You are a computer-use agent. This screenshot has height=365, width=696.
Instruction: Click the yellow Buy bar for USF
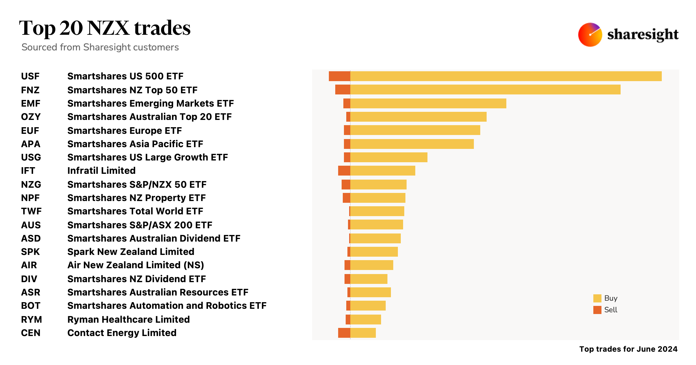(x=506, y=76)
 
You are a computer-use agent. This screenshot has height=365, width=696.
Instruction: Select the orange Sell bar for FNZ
(x=342, y=90)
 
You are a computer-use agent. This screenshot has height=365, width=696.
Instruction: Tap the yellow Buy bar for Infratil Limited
(x=383, y=171)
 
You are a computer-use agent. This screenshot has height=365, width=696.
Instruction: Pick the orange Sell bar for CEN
(x=344, y=333)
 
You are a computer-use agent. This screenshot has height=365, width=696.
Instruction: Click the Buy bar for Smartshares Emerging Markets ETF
(x=428, y=103)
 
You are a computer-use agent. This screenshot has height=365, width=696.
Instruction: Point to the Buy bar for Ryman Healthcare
(x=365, y=320)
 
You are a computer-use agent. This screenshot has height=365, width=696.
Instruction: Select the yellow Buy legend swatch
(x=597, y=298)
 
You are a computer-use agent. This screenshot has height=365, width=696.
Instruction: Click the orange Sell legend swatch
(x=597, y=310)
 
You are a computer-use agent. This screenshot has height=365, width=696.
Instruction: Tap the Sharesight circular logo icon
(x=590, y=35)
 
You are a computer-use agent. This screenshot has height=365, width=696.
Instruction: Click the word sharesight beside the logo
(x=643, y=35)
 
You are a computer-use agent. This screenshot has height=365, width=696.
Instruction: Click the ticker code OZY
(x=31, y=117)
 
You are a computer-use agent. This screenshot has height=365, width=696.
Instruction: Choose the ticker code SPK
(x=30, y=252)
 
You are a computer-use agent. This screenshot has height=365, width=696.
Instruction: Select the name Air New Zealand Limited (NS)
(x=135, y=265)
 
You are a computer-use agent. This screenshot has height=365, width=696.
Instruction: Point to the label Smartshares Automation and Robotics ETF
(x=167, y=306)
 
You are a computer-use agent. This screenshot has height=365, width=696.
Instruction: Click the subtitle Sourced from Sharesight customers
(x=100, y=47)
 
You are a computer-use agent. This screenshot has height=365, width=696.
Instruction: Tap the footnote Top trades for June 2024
(x=628, y=349)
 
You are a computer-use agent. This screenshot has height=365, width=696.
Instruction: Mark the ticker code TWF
(x=31, y=211)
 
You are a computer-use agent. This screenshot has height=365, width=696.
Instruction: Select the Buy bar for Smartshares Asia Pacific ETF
(x=412, y=144)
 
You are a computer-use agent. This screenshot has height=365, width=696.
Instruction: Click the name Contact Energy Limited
(x=122, y=333)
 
